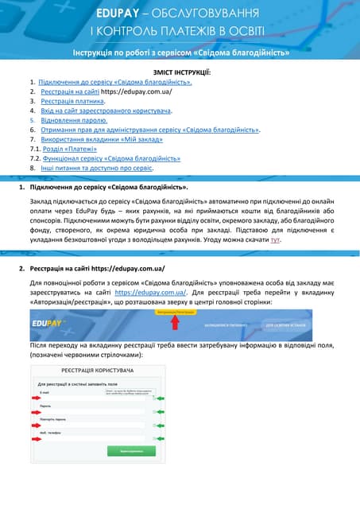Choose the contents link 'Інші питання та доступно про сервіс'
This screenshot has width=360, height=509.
[97, 168]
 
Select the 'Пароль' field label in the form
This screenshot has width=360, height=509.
[46, 405]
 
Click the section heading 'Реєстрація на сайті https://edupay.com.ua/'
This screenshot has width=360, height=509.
[97, 270]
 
